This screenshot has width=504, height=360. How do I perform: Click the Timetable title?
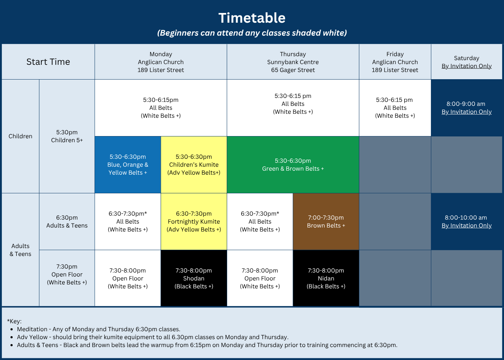pos(252,18)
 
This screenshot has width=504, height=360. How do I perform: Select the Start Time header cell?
pos(48,62)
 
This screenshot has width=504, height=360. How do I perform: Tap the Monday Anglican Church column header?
pos(161,62)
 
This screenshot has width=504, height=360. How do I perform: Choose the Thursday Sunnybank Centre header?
pos(293,62)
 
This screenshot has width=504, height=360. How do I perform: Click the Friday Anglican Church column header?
pos(395,62)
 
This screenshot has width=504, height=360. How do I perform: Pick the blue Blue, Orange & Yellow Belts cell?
pos(127,165)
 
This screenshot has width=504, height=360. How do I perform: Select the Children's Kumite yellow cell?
pos(194,165)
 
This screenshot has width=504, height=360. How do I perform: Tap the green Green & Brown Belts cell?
pos(293,165)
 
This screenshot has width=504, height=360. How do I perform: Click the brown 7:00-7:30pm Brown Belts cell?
pos(326,221)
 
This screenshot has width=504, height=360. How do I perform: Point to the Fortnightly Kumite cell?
pos(194,221)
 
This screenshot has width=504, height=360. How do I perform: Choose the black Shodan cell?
pos(194,278)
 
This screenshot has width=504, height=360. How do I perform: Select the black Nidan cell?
pos(326,278)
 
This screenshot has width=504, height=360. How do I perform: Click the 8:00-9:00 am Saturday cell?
pos(467,108)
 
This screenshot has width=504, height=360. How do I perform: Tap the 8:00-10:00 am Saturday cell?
pos(467,221)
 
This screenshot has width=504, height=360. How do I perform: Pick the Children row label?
pos(20,136)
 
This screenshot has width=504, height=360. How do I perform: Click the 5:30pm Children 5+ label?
pos(67,136)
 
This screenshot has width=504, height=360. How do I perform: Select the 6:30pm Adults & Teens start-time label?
pos(67,221)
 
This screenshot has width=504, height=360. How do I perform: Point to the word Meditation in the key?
pos(32,329)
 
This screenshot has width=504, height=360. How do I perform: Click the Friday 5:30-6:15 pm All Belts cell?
pos(395,108)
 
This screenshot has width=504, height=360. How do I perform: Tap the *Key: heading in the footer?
pos(14,321)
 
